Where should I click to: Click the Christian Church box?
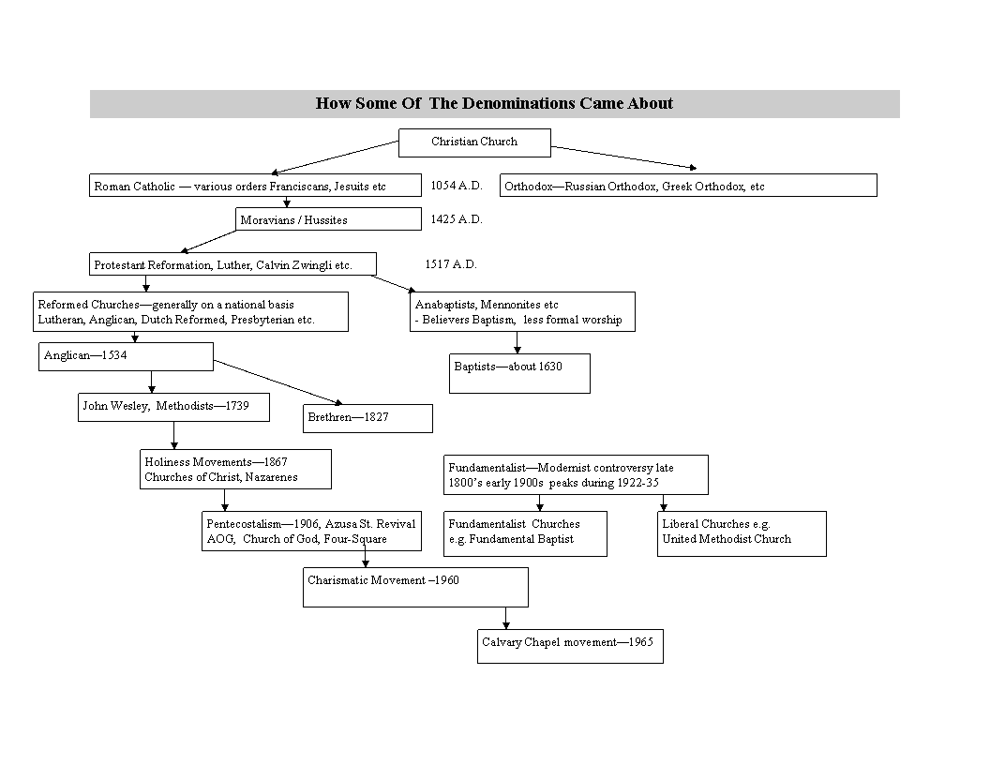[474, 142]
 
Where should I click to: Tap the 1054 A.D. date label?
[457, 186]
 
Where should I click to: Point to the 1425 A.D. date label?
[457, 219]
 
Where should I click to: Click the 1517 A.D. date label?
[451, 263]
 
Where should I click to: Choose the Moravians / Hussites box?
[328, 219]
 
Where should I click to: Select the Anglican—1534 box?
[126, 356]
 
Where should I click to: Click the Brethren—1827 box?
[367, 418]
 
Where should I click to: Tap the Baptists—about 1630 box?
[519, 374]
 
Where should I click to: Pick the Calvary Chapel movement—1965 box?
[570, 646]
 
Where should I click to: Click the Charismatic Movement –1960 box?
[415, 588]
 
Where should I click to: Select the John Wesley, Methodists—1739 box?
[173, 408]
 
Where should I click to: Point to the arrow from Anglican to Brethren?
[277, 382]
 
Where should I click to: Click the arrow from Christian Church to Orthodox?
[623, 157]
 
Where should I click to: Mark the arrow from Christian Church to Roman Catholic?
[335, 157]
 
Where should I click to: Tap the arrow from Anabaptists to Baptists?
[517, 343]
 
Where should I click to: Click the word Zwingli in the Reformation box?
[312, 265]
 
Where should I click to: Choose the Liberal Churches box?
[742, 534]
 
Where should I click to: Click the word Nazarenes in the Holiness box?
[272, 477]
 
